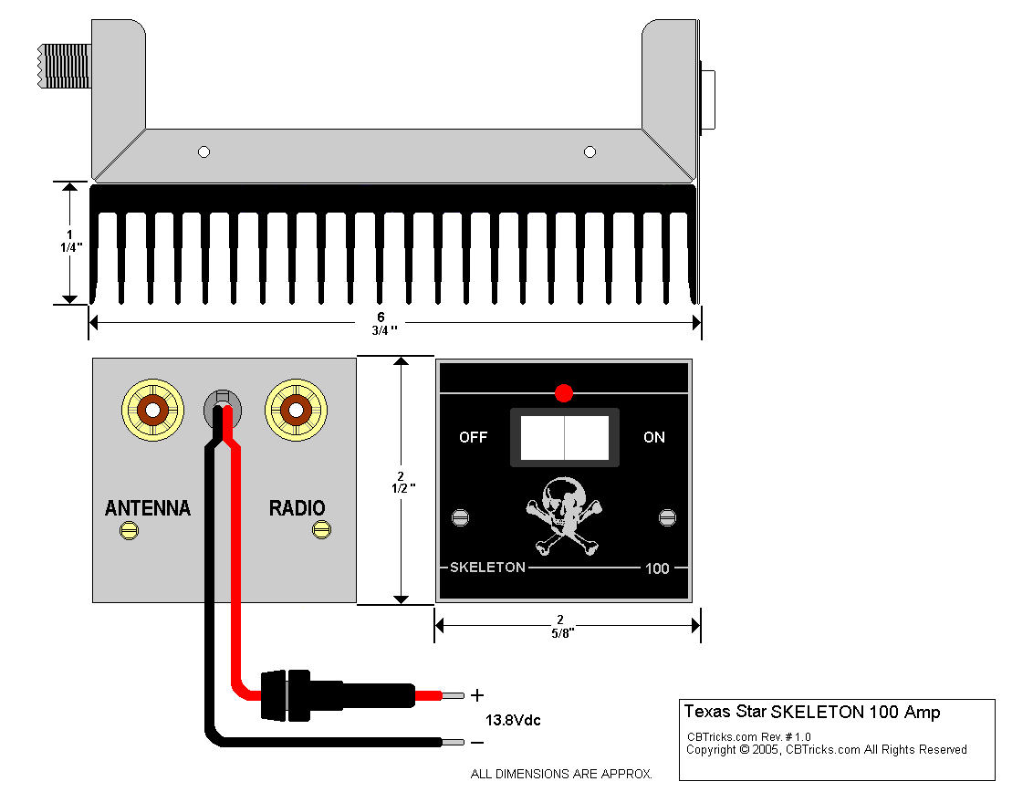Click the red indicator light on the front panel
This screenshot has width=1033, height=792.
point(564,393)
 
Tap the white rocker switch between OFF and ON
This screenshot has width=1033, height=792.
point(564,437)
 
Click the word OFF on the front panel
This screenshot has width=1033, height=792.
point(473,437)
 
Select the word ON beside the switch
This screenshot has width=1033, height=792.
point(654,437)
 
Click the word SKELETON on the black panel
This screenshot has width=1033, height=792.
point(487,568)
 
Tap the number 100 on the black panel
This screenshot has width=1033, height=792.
point(657,568)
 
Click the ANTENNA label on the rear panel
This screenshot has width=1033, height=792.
point(148,508)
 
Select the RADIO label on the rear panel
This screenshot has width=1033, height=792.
point(297,508)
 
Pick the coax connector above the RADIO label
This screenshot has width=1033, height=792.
point(296,410)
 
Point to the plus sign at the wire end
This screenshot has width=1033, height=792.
point(477,696)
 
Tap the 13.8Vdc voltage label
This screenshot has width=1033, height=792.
point(513,720)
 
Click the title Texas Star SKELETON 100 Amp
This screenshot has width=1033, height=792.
point(812,712)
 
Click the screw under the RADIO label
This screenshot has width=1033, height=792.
point(321,529)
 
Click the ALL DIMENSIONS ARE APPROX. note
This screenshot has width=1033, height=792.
point(561,774)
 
